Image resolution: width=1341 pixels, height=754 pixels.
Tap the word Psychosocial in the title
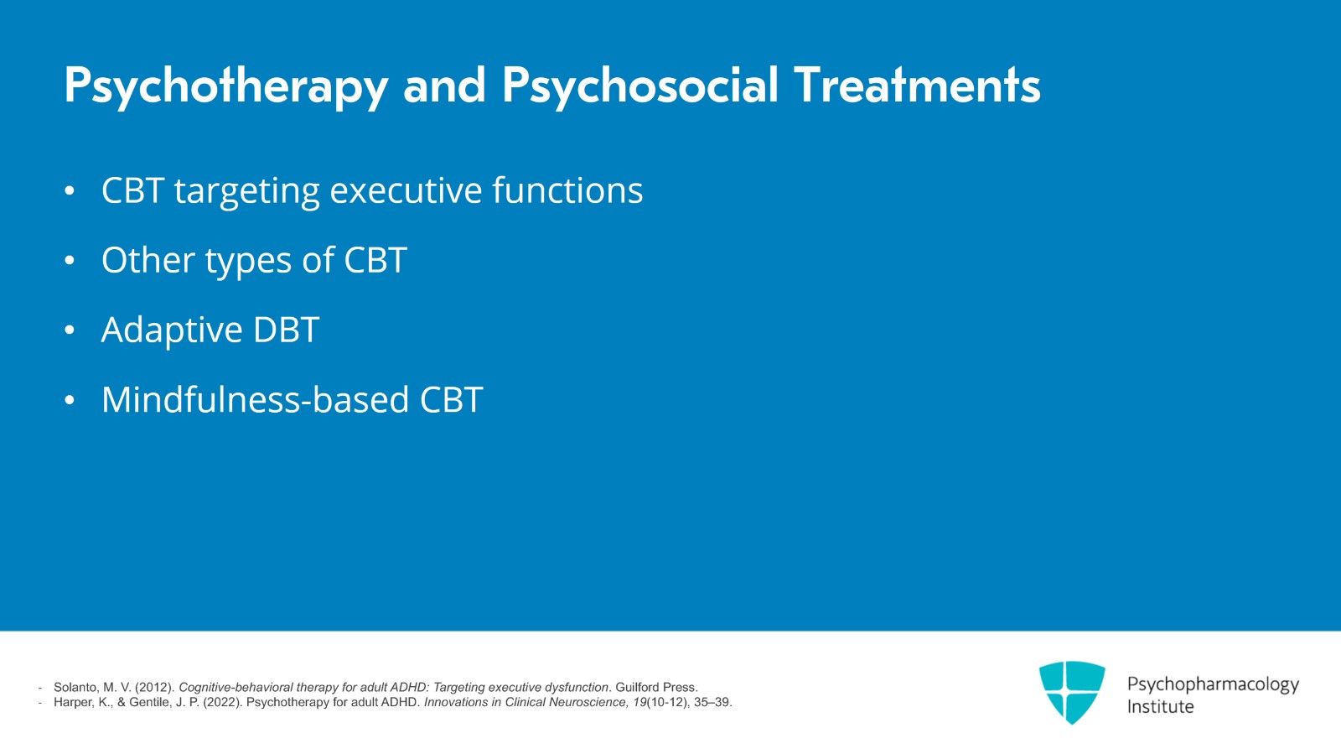(640, 86)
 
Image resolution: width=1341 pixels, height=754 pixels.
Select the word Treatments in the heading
(916, 86)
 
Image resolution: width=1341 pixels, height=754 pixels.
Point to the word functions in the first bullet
(567, 191)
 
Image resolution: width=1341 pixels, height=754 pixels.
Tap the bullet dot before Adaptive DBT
(70, 330)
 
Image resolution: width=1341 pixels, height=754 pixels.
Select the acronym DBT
(286, 330)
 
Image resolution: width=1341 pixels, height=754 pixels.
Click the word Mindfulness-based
(255, 400)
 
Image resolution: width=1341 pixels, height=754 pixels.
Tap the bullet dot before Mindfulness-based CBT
(70, 400)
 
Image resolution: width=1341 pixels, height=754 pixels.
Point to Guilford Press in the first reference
(656, 687)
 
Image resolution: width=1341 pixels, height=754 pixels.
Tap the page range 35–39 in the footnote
(712, 702)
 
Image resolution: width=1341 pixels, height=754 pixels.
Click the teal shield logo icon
(1072, 692)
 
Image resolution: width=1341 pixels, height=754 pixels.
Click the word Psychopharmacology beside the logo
(1212, 684)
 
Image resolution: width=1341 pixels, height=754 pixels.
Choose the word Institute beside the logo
(1160, 707)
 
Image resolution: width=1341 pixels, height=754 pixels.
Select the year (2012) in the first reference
(155, 687)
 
